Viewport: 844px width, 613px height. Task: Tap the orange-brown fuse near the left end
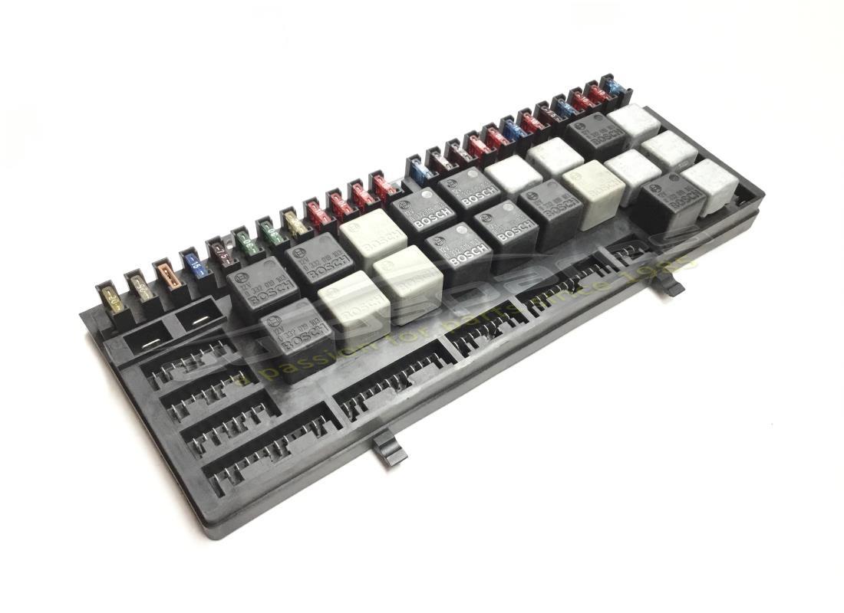[168, 274]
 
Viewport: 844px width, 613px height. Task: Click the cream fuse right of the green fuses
[295, 222]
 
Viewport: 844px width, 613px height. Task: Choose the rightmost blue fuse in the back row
[615, 87]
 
